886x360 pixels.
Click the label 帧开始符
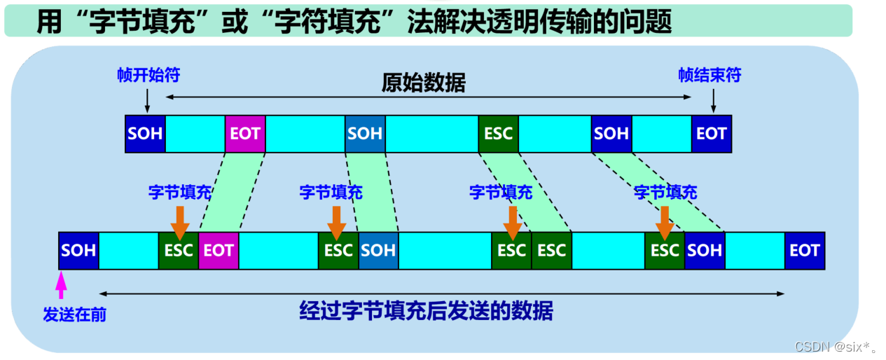point(148,75)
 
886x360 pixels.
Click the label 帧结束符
point(709,75)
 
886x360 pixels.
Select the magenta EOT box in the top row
point(245,134)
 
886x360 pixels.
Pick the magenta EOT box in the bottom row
point(219,251)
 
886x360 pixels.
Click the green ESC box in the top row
point(498,134)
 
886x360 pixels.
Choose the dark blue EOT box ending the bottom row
point(804,251)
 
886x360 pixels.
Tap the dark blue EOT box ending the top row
point(711,134)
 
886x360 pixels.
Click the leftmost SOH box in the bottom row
point(78,251)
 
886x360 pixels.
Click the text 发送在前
point(74,314)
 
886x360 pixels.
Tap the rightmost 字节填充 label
point(665,192)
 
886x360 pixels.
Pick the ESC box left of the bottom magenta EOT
point(179,251)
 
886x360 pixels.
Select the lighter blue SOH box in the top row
point(365,134)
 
